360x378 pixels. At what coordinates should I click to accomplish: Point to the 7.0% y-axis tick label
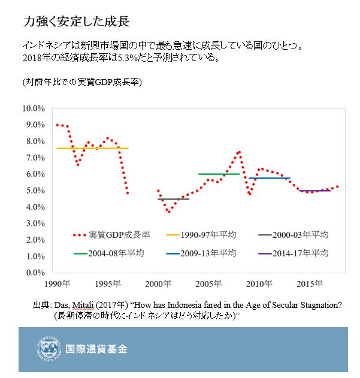[x=35, y=158]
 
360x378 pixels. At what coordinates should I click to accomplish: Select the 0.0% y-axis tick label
[x=35, y=273]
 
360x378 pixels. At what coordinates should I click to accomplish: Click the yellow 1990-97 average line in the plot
[x=90, y=148]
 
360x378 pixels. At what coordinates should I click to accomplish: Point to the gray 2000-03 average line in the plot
[x=174, y=199]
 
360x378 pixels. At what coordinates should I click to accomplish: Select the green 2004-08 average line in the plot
[x=219, y=174]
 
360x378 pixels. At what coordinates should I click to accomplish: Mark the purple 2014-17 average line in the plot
[x=314, y=190]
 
